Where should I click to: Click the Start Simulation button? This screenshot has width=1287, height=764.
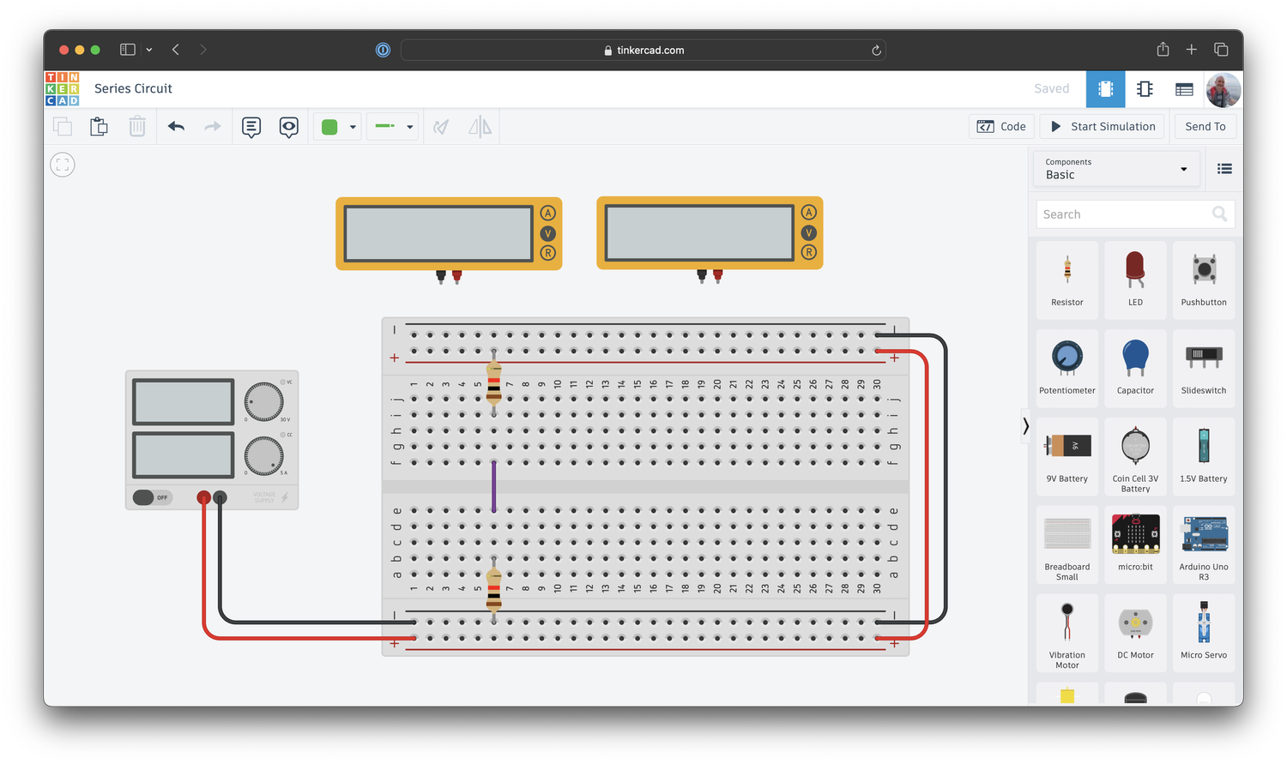[1103, 127]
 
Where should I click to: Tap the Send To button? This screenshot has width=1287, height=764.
[1205, 127]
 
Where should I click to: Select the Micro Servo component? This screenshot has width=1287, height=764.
[1204, 629]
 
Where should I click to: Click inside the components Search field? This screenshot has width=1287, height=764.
[1124, 214]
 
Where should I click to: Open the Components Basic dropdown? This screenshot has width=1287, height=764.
[1115, 169]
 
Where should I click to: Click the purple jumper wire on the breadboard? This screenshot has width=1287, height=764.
[493, 486]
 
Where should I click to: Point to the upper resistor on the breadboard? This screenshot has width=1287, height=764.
[493, 382]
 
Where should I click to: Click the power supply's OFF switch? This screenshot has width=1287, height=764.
[152, 497]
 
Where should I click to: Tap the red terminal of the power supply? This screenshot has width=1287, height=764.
[204, 497]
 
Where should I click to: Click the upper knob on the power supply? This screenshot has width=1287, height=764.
[263, 401]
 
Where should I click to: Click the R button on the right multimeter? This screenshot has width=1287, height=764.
[808, 252]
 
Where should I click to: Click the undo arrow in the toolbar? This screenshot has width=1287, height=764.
[176, 127]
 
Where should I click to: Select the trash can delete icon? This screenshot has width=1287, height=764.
[137, 127]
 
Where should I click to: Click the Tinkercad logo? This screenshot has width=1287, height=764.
[62, 89]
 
